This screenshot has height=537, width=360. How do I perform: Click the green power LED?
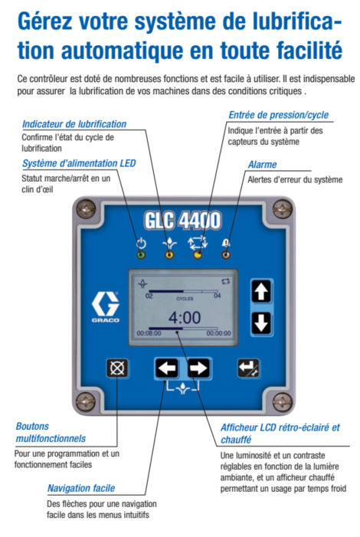[x=141, y=255]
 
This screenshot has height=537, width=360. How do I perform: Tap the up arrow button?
[x=261, y=292]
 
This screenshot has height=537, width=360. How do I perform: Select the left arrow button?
[x=166, y=368]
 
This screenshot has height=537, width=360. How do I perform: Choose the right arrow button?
[x=198, y=368]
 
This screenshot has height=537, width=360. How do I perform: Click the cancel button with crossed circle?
[x=117, y=368]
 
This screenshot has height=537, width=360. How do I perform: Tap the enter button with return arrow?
[x=248, y=368]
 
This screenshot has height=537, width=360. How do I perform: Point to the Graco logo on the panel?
[x=106, y=307]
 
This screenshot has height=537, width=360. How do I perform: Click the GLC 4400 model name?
[x=182, y=220]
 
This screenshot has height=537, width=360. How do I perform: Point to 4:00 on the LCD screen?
[x=185, y=318]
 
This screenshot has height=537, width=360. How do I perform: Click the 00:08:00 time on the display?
[x=149, y=333]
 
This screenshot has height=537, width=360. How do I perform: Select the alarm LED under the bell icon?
[x=226, y=255]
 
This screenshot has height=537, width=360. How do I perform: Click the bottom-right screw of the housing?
[x=282, y=401]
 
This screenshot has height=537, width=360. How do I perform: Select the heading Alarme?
[x=262, y=165]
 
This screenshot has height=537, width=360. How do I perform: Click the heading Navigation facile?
[x=81, y=488]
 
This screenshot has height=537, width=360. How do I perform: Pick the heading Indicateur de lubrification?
[x=74, y=124]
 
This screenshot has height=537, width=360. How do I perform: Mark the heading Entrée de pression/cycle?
[x=279, y=115]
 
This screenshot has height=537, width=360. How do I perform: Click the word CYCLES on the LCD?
[x=185, y=299]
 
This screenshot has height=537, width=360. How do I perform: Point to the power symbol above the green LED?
[x=141, y=243]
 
